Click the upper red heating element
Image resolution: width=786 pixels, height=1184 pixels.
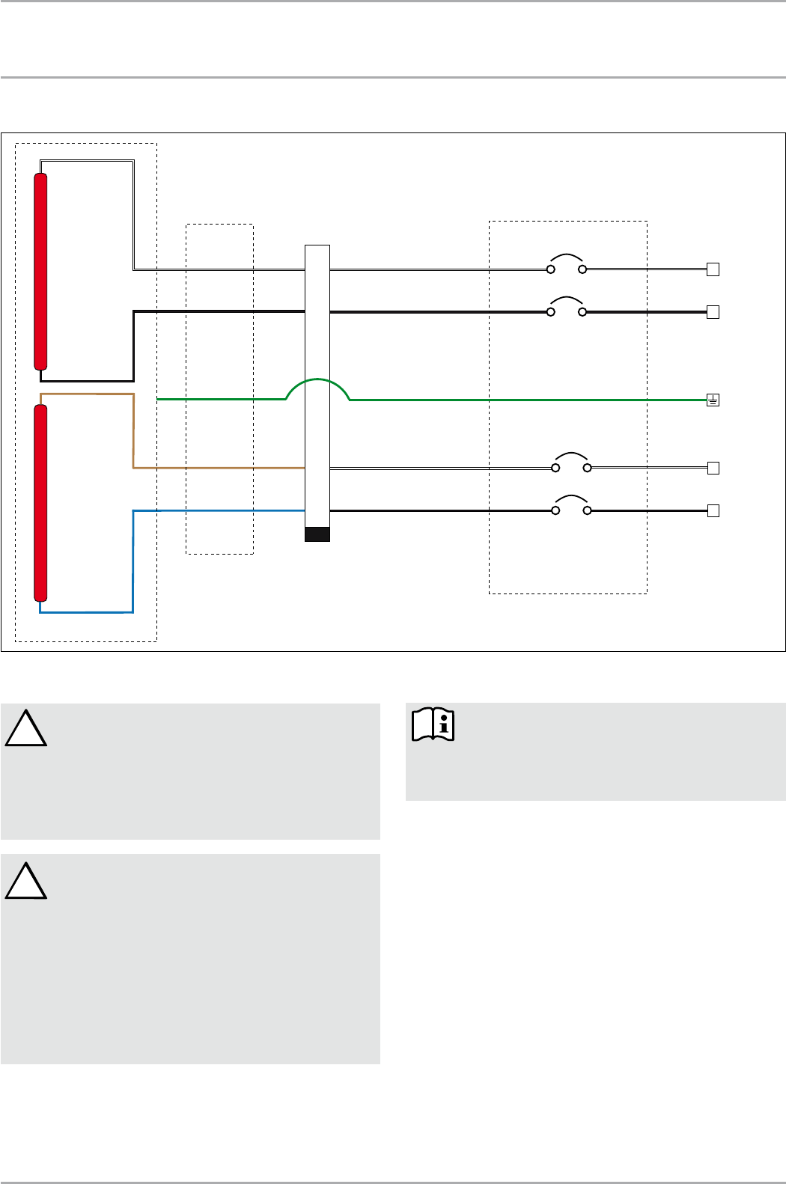(x=41, y=271)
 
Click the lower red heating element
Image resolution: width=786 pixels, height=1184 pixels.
(x=41, y=502)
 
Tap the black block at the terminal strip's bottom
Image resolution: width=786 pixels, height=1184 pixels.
(x=317, y=534)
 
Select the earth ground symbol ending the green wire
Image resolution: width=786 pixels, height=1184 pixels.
(x=713, y=400)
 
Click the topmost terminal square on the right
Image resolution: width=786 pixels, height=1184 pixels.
(x=713, y=269)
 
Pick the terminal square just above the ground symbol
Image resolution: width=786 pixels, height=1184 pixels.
(x=713, y=312)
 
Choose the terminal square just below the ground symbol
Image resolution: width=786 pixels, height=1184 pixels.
(x=713, y=468)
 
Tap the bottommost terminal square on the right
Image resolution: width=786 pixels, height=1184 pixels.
(x=713, y=511)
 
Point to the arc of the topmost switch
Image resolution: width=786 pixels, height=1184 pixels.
(x=567, y=255)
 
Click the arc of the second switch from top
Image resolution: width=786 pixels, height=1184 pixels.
(x=567, y=298)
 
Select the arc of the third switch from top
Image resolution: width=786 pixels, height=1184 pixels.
(x=570, y=454)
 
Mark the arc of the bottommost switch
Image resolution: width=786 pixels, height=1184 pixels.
(x=570, y=497)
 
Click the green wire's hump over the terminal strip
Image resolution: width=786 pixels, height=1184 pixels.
(x=318, y=380)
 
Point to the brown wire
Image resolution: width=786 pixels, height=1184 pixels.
(x=133, y=434)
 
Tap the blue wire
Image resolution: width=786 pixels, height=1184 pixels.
(x=133, y=561)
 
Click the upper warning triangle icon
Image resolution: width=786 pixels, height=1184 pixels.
(x=26, y=729)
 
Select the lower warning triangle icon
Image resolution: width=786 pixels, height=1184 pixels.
(x=26, y=881)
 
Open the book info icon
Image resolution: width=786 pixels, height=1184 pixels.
(x=433, y=724)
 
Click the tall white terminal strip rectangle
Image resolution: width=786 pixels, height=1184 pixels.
(x=317, y=374)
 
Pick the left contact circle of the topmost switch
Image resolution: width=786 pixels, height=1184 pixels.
(x=551, y=269)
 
